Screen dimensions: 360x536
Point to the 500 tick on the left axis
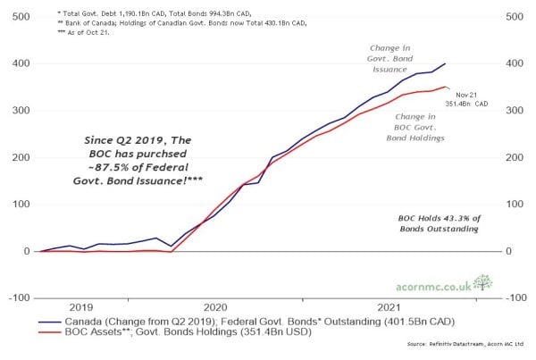17,17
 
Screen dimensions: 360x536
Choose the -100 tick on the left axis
15,297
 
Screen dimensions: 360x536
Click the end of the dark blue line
447,63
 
